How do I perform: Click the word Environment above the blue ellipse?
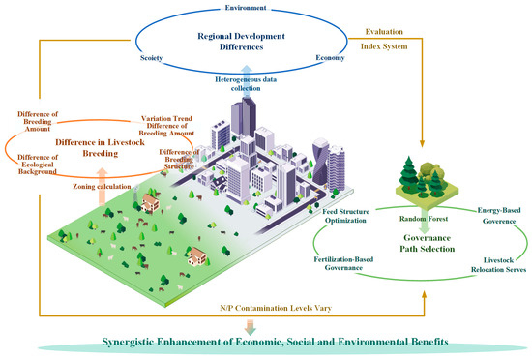click(x=246, y=8)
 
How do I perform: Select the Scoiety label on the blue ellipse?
click(x=151, y=58)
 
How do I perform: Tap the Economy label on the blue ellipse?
click(x=330, y=58)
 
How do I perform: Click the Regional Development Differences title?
click(x=241, y=42)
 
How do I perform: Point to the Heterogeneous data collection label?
click(x=246, y=84)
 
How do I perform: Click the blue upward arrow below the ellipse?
click(x=247, y=71)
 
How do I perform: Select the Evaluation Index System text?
click(x=384, y=39)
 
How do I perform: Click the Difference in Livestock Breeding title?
click(x=100, y=148)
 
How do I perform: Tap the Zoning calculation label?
click(x=102, y=186)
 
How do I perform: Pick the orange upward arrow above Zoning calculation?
click(x=102, y=186)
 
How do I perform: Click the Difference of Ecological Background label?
click(x=38, y=165)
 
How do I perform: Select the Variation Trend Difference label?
click(x=166, y=126)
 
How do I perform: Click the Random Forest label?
click(x=424, y=219)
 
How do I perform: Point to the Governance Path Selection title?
click(x=428, y=243)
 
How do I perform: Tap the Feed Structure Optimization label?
click(x=345, y=216)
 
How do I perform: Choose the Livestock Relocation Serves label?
click(x=498, y=265)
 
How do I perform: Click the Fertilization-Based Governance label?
click(x=343, y=263)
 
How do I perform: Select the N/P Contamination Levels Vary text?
click(x=276, y=308)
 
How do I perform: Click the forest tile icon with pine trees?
click(x=427, y=183)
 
